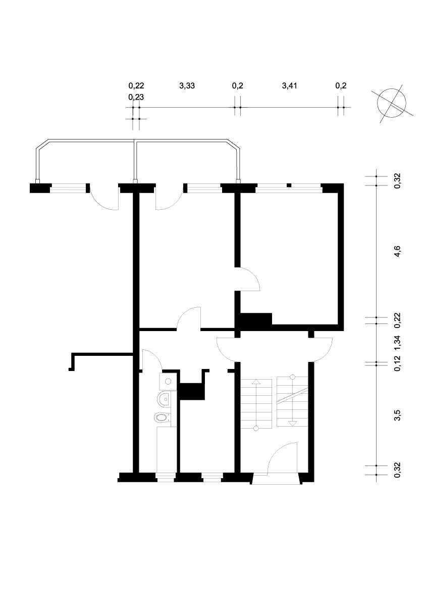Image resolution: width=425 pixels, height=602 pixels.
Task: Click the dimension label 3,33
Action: (187, 85)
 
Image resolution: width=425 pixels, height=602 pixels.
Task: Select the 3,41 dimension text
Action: (290, 85)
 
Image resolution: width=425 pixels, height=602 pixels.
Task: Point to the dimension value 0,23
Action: (136, 97)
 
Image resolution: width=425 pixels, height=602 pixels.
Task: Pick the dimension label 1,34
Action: (397, 343)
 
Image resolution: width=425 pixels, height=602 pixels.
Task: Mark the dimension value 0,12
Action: (397, 363)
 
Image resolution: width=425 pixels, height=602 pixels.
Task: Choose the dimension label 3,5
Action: (397, 415)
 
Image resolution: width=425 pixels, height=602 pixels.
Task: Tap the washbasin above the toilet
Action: (165, 400)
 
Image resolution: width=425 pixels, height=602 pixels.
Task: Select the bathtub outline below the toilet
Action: (167, 449)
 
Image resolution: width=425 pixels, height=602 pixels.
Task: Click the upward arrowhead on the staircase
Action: (256, 382)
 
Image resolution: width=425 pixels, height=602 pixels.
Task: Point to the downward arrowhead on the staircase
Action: (292, 424)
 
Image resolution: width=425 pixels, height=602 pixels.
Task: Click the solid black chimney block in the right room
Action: (256, 319)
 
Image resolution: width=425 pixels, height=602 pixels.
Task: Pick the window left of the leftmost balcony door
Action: (69, 188)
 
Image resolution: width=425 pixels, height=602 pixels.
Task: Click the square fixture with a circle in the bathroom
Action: (167, 382)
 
